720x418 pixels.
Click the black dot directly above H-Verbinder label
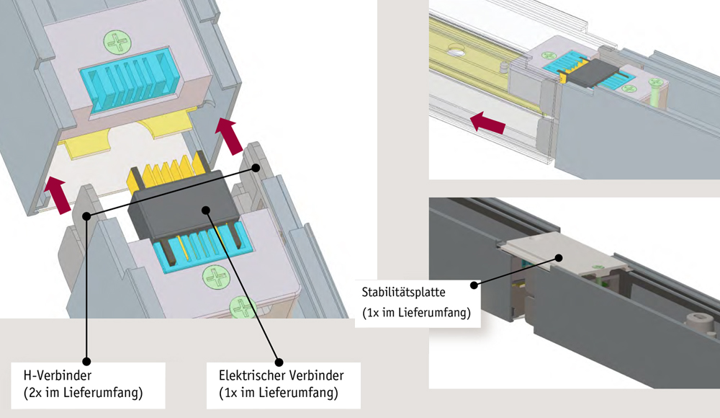click(x=86, y=360)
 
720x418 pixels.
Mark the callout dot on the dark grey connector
click(x=207, y=210)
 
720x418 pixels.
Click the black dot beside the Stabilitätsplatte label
click(x=474, y=285)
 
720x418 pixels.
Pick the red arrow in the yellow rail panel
click(x=485, y=125)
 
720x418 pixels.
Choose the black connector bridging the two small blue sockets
click(x=586, y=71)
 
